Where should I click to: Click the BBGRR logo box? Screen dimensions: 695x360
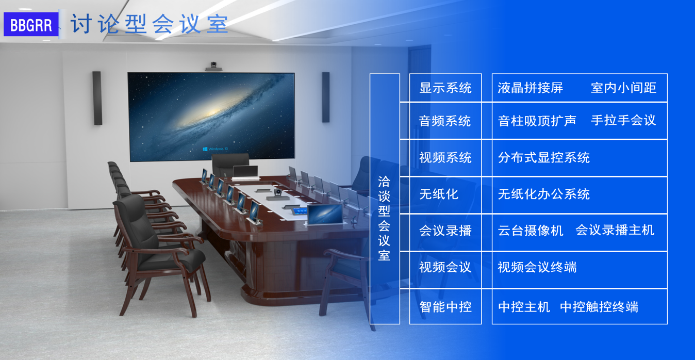tap(31, 25)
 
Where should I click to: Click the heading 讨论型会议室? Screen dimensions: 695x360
tap(150, 24)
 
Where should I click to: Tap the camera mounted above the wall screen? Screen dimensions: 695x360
tap(213, 66)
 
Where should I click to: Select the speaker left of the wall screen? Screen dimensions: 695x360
tap(97, 98)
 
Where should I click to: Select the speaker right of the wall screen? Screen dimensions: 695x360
tap(325, 97)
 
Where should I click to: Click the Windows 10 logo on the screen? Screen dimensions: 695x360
tap(216, 149)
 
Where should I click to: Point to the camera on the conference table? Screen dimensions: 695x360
tap(278, 194)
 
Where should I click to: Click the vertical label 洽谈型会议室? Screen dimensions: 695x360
tap(384, 219)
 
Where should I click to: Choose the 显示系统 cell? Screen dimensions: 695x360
tap(445, 88)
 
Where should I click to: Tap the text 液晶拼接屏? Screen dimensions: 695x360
tap(530, 88)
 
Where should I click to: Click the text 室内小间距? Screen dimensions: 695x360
tap(623, 88)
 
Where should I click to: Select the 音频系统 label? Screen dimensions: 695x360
tap(445, 121)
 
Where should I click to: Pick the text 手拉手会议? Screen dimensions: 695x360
tap(623, 120)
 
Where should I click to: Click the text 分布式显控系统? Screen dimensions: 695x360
tap(543, 158)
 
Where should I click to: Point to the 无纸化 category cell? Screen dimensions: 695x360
tap(445, 195)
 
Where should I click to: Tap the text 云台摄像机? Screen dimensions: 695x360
tap(530, 231)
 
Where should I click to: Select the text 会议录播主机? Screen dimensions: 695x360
tap(615, 230)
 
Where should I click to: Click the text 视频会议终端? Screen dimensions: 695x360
tap(537, 267)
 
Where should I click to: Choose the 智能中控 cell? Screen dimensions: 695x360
tap(445, 307)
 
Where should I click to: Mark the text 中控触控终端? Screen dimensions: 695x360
tap(599, 307)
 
